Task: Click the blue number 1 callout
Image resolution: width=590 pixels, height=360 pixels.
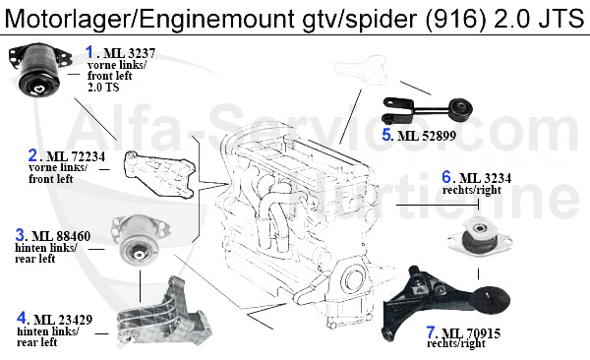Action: [x=89, y=52]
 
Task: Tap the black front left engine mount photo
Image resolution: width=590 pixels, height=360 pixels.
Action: [x=39, y=70]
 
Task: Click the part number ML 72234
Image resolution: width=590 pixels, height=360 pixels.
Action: [x=76, y=156]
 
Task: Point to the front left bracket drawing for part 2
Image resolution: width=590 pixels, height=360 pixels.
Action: [x=158, y=173]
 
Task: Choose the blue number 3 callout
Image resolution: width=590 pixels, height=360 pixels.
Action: [x=20, y=235]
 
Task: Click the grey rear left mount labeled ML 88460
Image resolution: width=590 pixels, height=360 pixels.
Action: [x=140, y=239]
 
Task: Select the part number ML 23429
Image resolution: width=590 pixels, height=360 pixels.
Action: [x=63, y=320]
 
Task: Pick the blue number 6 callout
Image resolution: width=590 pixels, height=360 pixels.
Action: [x=446, y=177]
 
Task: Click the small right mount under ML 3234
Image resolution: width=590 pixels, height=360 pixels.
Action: [x=480, y=236]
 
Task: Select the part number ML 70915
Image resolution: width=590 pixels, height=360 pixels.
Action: [x=471, y=333]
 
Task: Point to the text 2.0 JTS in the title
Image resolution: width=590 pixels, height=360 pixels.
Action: [x=539, y=18]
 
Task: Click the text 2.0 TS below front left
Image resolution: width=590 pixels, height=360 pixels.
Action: [x=103, y=88]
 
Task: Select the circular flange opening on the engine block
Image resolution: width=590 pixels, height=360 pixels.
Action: [x=354, y=279]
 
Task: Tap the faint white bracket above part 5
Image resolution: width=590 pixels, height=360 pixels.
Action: [x=361, y=70]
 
